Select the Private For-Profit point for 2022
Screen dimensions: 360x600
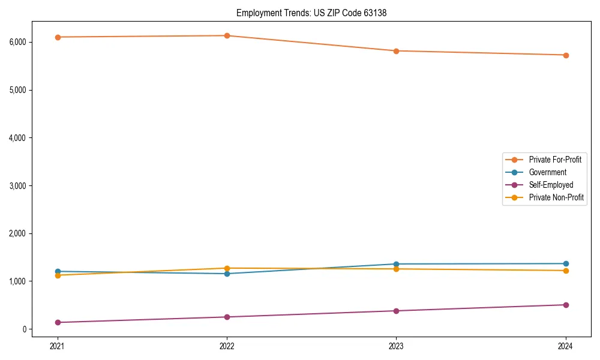[x=227, y=35]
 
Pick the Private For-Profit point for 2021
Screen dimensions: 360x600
[x=58, y=37]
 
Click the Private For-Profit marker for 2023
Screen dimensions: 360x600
[x=396, y=51]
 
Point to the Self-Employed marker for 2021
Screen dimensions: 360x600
[x=58, y=322]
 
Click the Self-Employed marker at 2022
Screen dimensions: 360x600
[x=227, y=317]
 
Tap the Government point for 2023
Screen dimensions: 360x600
[x=396, y=264]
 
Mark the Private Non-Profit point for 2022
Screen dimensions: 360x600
[x=227, y=268]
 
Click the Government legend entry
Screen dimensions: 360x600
[x=547, y=172]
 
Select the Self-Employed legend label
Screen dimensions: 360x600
[x=551, y=185]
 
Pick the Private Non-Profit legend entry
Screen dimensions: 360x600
[x=556, y=197]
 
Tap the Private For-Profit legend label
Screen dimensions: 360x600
[x=555, y=160]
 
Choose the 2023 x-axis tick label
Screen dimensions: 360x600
[x=396, y=346]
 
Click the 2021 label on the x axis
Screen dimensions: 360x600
[x=58, y=346]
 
